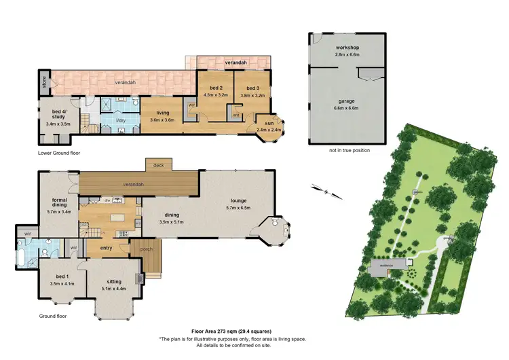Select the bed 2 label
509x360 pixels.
point(214,88)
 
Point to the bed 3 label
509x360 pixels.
point(252,88)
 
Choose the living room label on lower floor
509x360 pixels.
point(162,113)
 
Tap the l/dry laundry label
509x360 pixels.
point(120,120)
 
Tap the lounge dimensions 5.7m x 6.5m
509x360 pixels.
point(238,208)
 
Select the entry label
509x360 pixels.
point(106,248)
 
